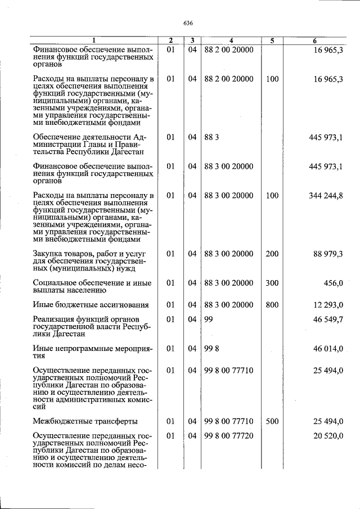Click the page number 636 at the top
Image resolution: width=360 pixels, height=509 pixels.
(x=188, y=23)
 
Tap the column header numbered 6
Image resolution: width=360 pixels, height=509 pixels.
(x=314, y=40)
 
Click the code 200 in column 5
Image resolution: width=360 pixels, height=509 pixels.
(x=272, y=254)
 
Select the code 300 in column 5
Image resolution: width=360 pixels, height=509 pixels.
(x=272, y=283)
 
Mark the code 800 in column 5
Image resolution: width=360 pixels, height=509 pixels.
(x=272, y=305)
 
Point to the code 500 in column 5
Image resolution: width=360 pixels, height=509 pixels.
(x=272, y=421)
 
